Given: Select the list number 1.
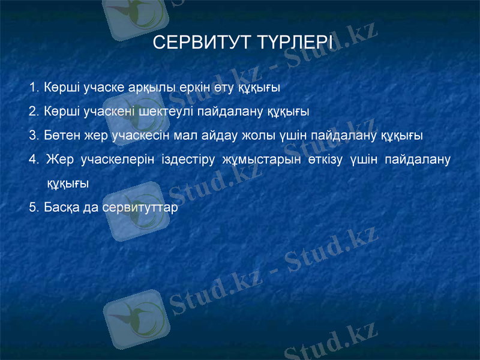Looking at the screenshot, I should click(x=32, y=88).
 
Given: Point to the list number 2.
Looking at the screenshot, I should click(x=32, y=112).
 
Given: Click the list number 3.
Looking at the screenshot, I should click(x=32, y=135).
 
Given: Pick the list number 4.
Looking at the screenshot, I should click(x=32, y=160).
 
